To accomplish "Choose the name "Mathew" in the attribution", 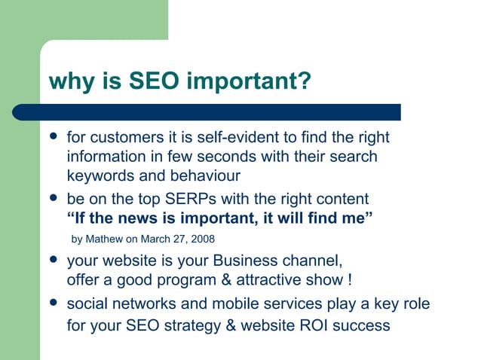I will tap(107, 239).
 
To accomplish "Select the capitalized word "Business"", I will tap(245, 261).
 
